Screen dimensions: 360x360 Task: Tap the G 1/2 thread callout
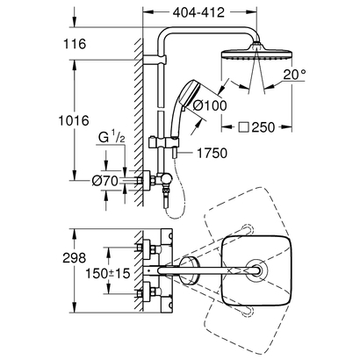pos(108,137)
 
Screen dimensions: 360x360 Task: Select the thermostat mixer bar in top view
pos(160,269)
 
